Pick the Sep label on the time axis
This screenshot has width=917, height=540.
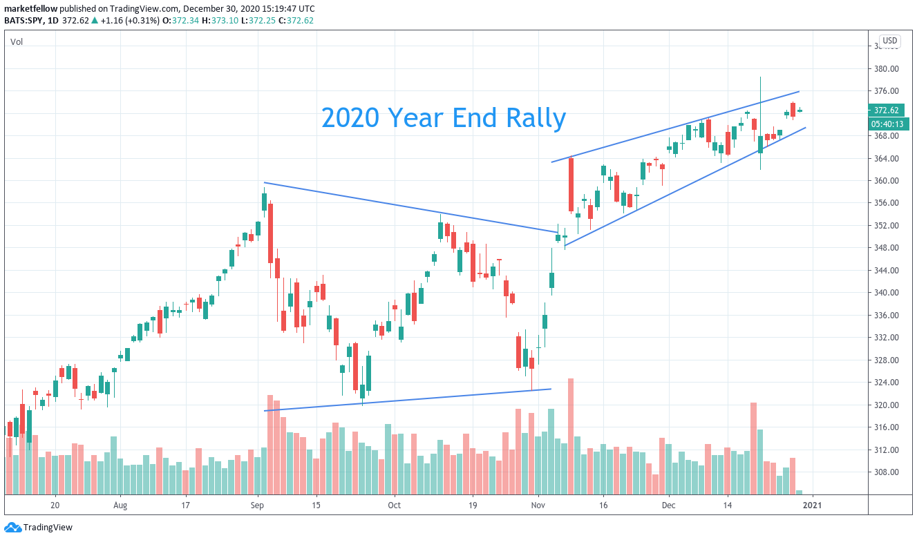tap(258, 505)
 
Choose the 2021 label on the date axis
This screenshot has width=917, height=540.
tap(812, 505)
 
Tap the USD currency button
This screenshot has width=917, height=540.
tap(889, 41)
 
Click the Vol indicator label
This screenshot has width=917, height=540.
tap(17, 42)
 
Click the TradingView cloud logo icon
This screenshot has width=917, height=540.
tap(12, 528)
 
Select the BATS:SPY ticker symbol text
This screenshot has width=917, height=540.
tap(24, 20)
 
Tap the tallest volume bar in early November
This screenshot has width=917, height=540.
tap(571, 436)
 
